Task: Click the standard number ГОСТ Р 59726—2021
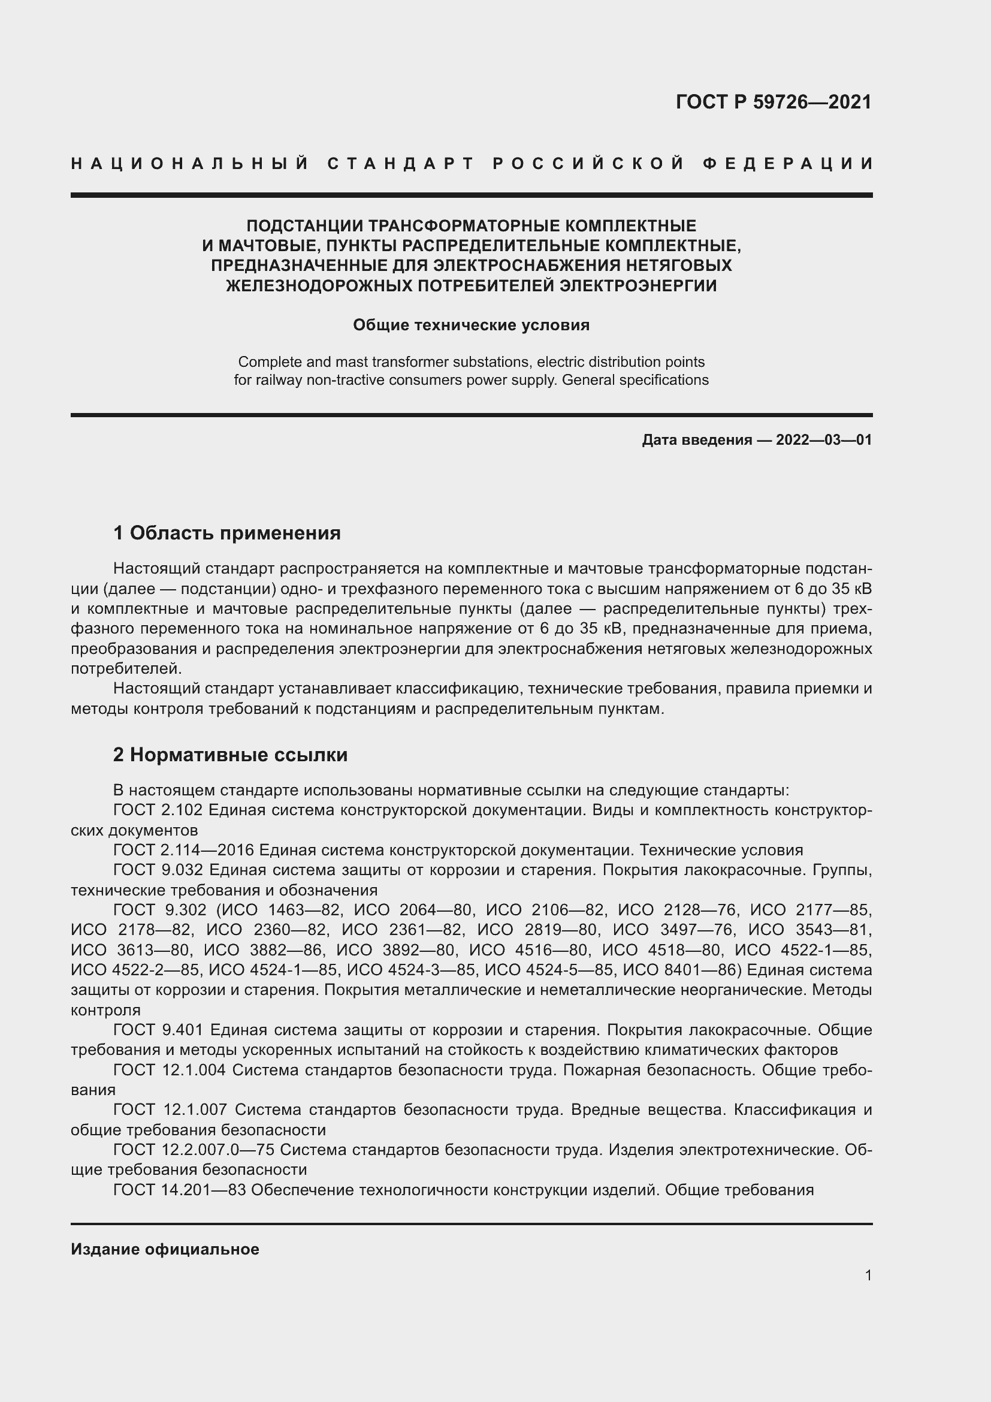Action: [773, 102]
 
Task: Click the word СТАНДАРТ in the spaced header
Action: [401, 164]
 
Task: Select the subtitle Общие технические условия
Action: [471, 325]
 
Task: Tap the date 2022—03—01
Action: [824, 439]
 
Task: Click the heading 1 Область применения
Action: [227, 533]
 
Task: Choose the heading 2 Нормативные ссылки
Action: [230, 755]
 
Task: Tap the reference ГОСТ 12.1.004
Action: [170, 1069]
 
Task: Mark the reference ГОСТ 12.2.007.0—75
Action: [193, 1149]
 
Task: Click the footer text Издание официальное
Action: [165, 1249]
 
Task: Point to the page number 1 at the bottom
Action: [868, 1275]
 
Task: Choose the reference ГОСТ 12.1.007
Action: [170, 1109]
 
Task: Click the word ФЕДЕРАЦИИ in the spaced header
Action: [788, 164]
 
